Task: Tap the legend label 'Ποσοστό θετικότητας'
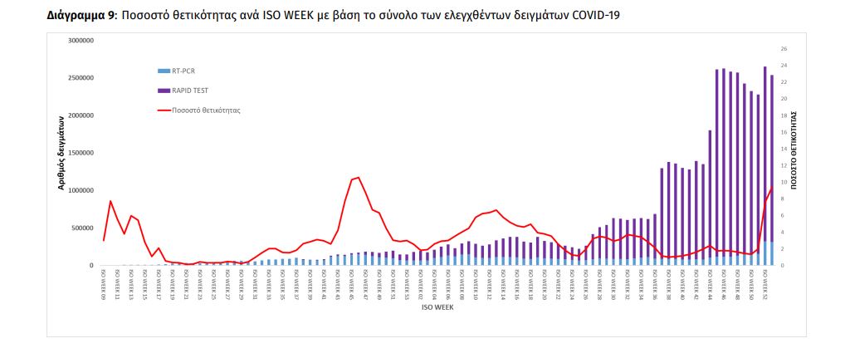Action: (x=206, y=110)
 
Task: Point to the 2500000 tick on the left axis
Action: (x=81, y=78)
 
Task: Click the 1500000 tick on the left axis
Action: (x=81, y=153)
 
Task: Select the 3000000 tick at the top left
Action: (x=81, y=40)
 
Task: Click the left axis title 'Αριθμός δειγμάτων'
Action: (x=61, y=153)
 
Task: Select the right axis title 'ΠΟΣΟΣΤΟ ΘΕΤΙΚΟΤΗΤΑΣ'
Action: (x=795, y=150)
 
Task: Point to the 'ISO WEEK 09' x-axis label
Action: (x=104, y=283)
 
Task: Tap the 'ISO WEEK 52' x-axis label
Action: (x=765, y=283)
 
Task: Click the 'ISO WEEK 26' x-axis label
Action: (x=585, y=283)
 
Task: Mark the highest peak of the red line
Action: (x=358, y=177)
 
